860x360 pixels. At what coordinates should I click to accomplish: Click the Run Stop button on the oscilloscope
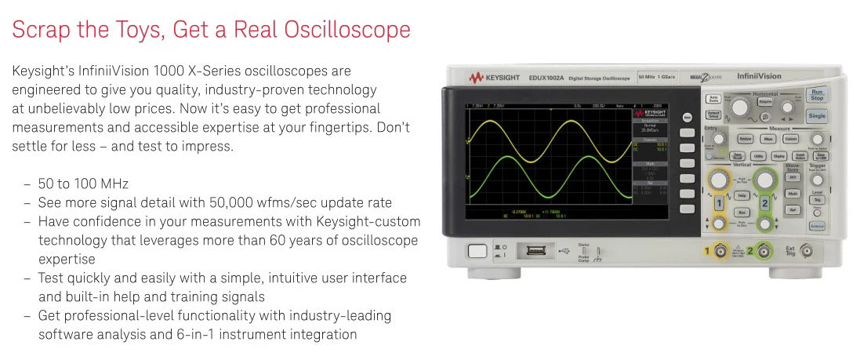tap(816, 95)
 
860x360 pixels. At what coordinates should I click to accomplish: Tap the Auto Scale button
tap(713, 100)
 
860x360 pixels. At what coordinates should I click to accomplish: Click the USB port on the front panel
tap(535, 251)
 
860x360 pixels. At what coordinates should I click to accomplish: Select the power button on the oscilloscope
tap(477, 251)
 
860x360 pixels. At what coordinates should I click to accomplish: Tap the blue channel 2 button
tap(764, 204)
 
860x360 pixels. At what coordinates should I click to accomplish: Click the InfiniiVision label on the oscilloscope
tap(758, 76)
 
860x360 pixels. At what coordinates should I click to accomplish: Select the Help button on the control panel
tap(741, 195)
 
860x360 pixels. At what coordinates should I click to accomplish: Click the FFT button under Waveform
tap(792, 176)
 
